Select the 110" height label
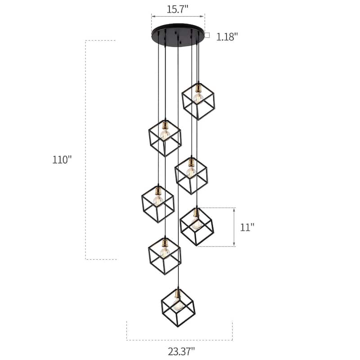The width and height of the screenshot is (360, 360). (x=62, y=159)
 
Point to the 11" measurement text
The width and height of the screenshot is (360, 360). (x=247, y=227)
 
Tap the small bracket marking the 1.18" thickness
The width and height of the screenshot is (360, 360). (x=207, y=35)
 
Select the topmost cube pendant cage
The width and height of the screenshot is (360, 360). (x=198, y=101)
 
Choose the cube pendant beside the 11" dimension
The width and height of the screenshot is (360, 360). (x=197, y=226)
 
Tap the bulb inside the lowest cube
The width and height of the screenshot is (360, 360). (x=178, y=306)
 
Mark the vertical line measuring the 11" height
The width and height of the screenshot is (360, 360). (x=234, y=227)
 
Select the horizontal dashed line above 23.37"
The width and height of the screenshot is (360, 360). (x=180, y=321)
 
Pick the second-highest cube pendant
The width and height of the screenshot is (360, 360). (x=165, y=137)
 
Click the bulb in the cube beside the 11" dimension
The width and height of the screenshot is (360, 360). (x=196, y=224)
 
